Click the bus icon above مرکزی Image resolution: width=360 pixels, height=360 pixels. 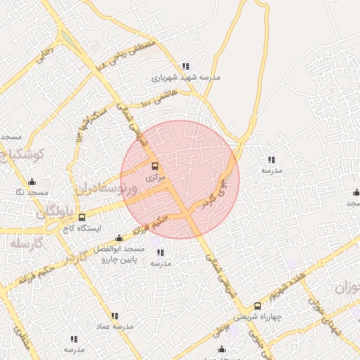click(x=155, y=167)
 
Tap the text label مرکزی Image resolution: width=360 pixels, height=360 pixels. click(x=154, y=178)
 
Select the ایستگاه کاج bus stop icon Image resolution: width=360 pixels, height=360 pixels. click(x=82, y=218)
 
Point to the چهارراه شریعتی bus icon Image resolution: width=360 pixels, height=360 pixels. click(x=257, y=306)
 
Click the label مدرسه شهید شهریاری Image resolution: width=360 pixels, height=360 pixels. click(x=186, y=77)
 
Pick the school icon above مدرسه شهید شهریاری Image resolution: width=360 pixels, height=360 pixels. click(x=186, y=66)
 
